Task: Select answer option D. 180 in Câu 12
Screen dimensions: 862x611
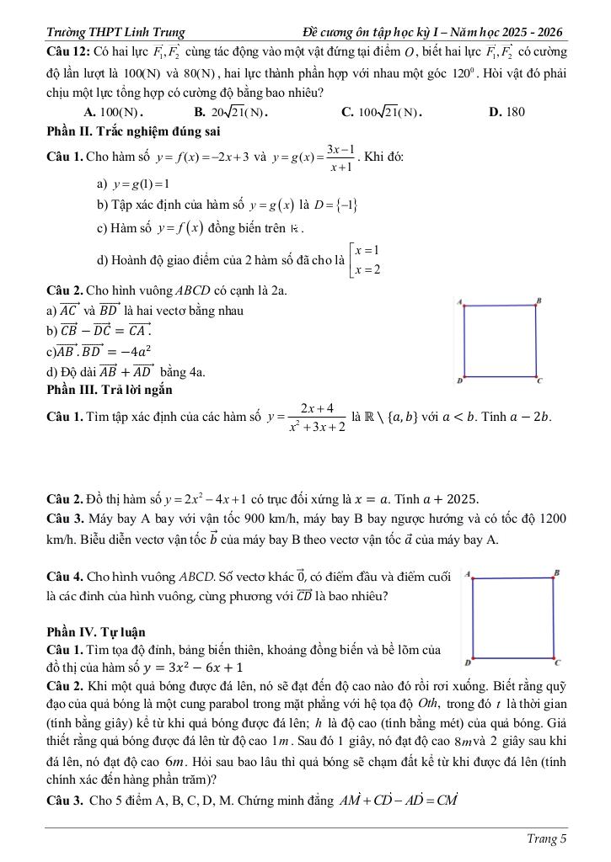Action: [506, 112]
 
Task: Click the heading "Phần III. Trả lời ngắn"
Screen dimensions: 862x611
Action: [110, 390]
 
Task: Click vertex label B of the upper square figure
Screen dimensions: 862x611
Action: [539, 301]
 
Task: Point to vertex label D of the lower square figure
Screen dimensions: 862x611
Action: [467, 662]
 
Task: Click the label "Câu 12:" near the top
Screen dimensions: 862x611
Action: [68, 55]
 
